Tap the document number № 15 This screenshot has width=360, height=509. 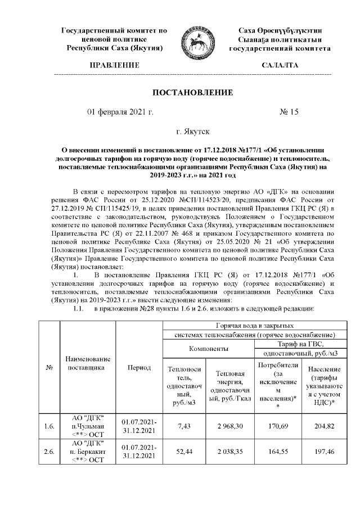tap(289, 112)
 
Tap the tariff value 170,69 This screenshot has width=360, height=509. tap(276, 426)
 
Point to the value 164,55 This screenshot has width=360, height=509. tap(276, 451)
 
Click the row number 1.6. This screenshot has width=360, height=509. tap(49, 426)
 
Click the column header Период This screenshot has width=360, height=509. tap(139, 367)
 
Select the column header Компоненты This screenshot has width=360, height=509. tap(208, 349)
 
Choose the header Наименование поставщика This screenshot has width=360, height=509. tap(88, 363)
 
